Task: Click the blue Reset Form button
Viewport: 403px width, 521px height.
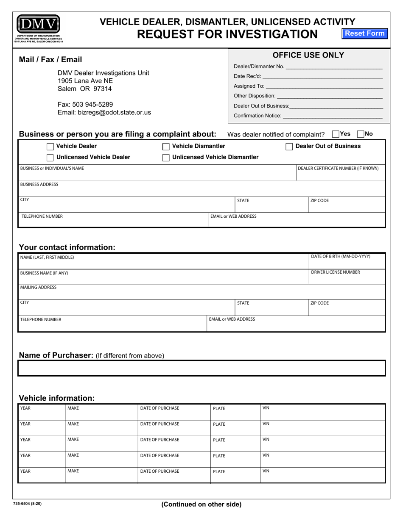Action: coord(365,33)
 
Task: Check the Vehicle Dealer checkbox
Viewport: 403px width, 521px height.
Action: coord(50,147)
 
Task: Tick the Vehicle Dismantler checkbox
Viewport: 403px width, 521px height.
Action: coord(166,147)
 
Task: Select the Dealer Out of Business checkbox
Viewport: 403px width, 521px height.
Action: coord(289,147)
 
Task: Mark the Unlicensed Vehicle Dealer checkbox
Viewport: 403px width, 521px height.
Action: coord(50,158)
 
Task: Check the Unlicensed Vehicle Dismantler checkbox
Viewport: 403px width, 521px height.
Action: coord(166,158)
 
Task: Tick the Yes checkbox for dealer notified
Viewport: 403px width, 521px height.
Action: coord(336,134)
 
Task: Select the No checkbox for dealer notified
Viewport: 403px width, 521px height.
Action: coord(361,134)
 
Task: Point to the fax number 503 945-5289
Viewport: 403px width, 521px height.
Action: coord(85,104)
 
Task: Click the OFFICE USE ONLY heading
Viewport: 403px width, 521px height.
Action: coord(308,55)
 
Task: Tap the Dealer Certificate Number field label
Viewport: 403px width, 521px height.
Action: coord(338,168)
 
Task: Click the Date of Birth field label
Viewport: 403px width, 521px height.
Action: coord(341,256)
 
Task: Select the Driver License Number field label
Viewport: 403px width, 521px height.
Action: coord(336,272)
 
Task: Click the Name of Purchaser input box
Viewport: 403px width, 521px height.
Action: coord(201,368)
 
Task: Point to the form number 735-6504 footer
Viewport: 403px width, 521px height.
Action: coord(28,504)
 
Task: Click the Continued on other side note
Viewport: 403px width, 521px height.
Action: coord(201,504)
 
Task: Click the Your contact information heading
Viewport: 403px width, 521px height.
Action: coord(67,247)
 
